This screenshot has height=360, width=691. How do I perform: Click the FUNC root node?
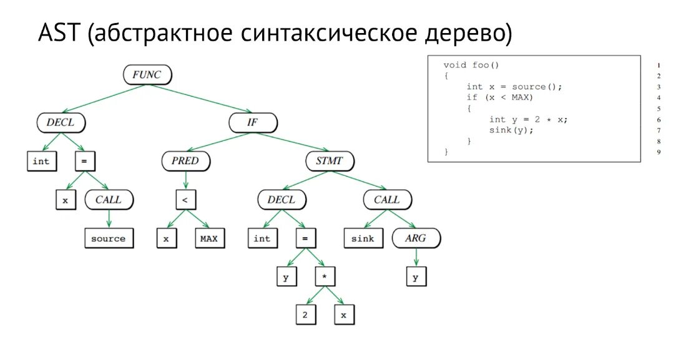point(147,75)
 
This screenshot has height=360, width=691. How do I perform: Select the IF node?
point(252,122)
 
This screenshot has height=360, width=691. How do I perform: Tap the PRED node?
point(185,161)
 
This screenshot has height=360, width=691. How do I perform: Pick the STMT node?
point(330,161)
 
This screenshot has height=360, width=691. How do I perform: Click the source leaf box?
point(109,238)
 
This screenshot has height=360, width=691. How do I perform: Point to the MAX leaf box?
point(209,238)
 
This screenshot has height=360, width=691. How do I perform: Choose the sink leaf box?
point(363,238)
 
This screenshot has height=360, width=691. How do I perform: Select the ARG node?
point(416,238)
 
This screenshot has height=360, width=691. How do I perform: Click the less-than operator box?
point(185,200)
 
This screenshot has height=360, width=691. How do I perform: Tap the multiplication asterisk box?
point(325,276)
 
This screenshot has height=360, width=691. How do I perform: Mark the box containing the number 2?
point(305,315)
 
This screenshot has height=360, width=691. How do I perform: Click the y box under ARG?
point(416,276)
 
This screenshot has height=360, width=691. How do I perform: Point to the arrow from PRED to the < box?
point(185,180)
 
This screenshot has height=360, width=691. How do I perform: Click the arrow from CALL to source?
point(109,219)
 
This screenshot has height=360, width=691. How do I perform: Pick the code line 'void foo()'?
point(471,65)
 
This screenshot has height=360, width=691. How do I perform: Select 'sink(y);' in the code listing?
point(512,130)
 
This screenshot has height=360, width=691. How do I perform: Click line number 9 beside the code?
point(659,152)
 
